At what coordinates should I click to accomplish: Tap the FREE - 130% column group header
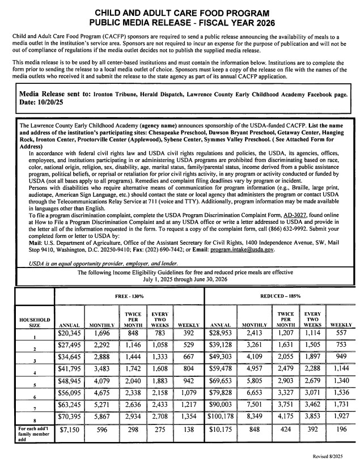128,296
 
